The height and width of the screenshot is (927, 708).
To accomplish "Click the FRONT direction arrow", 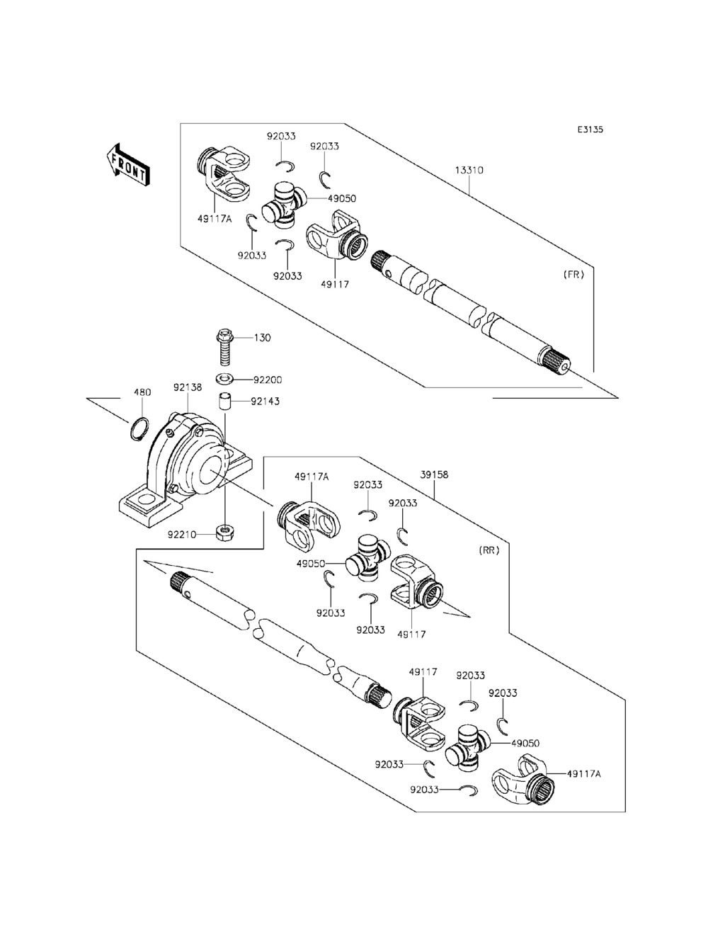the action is [127, 164].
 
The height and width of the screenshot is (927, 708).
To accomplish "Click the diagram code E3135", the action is [590, 129].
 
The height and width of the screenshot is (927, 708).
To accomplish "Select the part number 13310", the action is [469, 170].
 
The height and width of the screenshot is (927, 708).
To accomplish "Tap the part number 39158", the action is [434, 474].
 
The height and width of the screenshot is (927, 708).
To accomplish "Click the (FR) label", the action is [573, 274].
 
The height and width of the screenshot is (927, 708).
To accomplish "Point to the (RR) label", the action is [489, 550].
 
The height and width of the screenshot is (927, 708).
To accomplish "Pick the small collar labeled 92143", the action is [225, 401].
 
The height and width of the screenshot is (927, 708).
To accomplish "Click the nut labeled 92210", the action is [225, 533].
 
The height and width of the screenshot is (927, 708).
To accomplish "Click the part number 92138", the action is [187, 387].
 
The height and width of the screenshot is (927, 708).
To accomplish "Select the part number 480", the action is [142, 392].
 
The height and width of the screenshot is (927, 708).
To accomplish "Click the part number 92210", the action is [182, 535].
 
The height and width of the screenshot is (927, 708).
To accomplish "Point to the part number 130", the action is [262, 337].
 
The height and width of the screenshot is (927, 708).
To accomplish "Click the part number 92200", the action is [267, 380].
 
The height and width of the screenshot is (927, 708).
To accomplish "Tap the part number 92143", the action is [265, 401].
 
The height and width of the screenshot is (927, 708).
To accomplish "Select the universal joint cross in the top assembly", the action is [284, 205].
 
